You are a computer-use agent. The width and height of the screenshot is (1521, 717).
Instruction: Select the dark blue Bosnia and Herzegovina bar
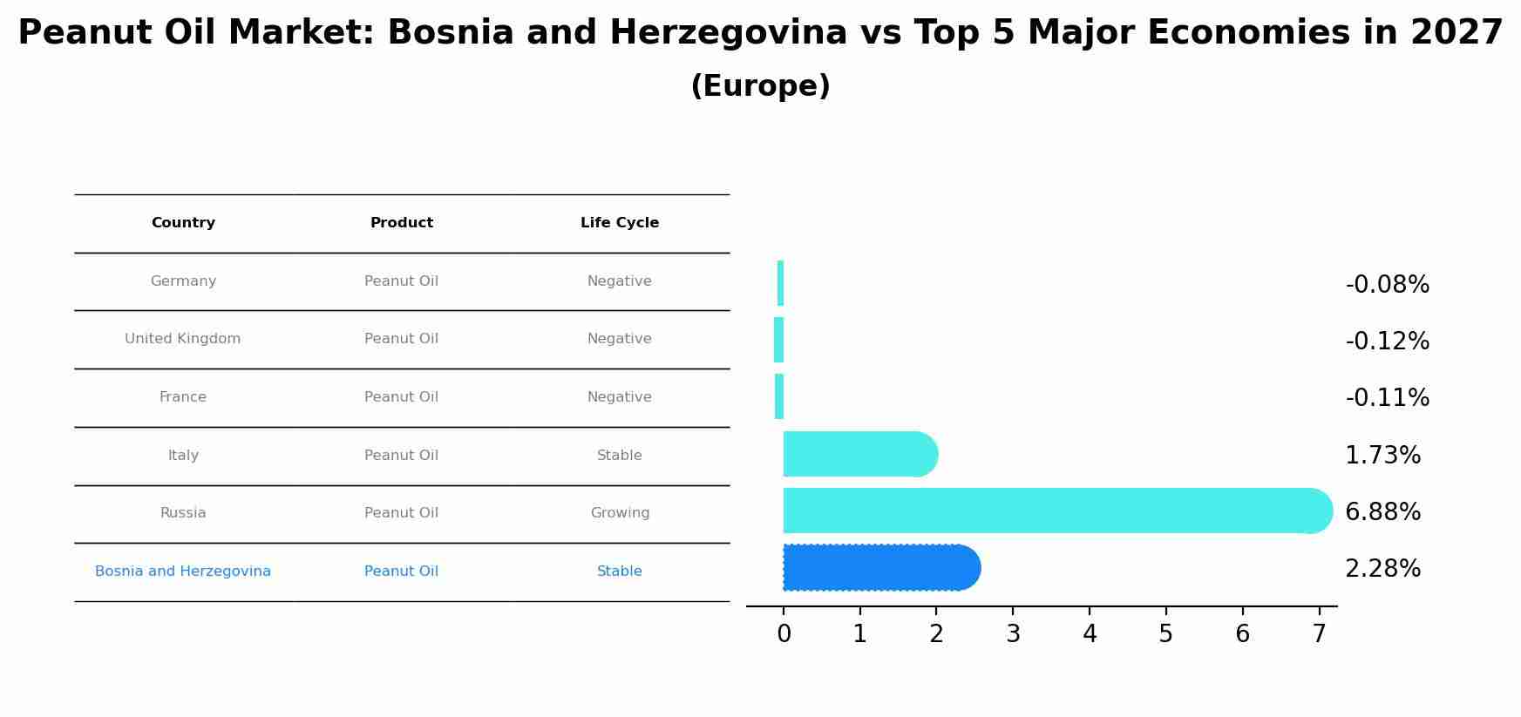[x=880, y=568]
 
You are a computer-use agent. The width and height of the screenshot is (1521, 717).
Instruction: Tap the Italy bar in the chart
[x=859, y=454]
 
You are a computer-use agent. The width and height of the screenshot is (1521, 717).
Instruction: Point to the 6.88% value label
[x=1382, y=512]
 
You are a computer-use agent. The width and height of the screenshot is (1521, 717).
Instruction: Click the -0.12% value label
[x=1387, y=342]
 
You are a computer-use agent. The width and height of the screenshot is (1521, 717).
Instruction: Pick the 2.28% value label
[x=1382, y=569]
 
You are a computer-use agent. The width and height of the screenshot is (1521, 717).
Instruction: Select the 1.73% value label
[x=1382, y=456]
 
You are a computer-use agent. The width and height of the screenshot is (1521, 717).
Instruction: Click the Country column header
[x=183, y=223]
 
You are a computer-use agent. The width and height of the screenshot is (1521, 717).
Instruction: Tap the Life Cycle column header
[x=620, y=223]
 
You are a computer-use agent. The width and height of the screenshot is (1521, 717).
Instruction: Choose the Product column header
[x=401, y=223]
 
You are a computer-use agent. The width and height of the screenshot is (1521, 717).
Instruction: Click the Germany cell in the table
[x=183, y=281]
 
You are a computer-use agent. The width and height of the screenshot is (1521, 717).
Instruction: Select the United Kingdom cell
[x=182, y=339]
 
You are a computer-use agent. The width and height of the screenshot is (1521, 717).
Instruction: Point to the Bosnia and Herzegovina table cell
[x=183, y=572]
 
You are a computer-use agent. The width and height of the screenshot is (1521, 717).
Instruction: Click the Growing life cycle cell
[x=620, y=513]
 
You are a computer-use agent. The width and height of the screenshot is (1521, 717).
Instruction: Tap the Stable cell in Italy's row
[x=620, y=456]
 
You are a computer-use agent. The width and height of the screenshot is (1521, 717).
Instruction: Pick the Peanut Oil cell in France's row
[x=401, y=397]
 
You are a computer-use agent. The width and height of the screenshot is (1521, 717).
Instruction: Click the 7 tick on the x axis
[x=1319, y=634]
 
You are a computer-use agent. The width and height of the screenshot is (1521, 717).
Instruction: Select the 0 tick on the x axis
[x=784, y=634]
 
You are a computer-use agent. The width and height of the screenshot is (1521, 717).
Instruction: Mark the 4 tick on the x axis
[x=1090, y=634]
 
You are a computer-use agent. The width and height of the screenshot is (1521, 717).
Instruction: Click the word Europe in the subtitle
[x=760, y=86]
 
